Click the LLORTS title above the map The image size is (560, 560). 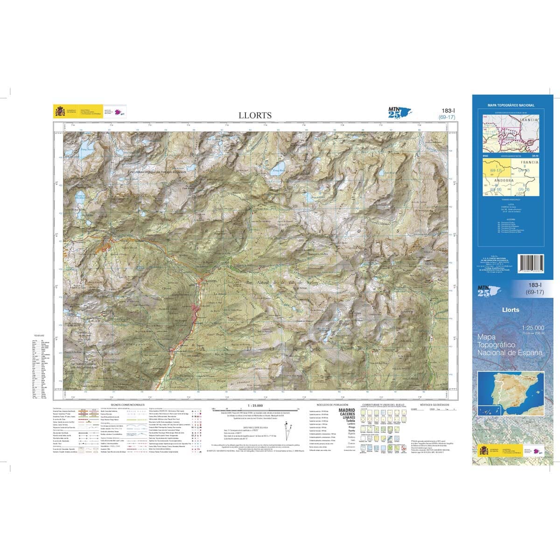[x=255, y=115]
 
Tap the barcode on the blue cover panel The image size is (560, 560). [x=531, y=266]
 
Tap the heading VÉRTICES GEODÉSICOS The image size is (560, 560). [x=434, y=405]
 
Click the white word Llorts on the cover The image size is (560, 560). [x=511, y=309]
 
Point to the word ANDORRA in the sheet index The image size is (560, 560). [x=504, y=180]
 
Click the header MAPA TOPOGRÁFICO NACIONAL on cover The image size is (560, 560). [x=511, y=105]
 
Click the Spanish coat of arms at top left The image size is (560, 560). [x=59, y=112]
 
